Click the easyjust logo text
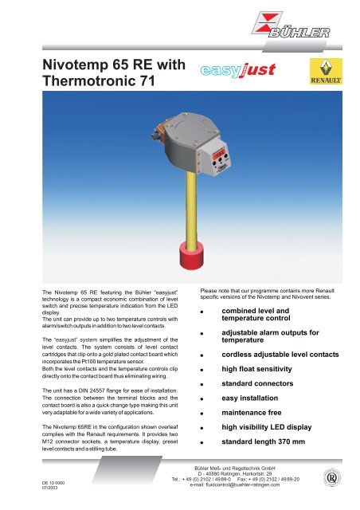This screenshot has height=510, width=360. (x=239, y=75)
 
